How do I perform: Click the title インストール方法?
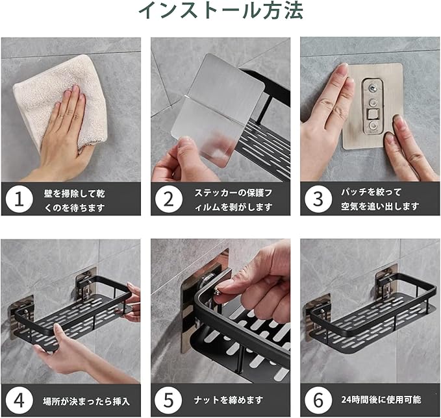pyautogui.click(x=221, y=10)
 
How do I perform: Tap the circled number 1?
pyautogui.click(x=19, y=199)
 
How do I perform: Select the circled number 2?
pyautogui.click(x=169, y=199)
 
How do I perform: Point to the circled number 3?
pyautogui.click(x=318, y=199)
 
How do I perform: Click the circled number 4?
pyautogui.click(x=19, y=400)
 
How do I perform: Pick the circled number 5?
pyautogui.click(x=169, y=400)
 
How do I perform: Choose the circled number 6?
pyautogui.click(x=318, y=400)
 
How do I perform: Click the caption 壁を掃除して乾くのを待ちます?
pyautogui.click(x=74, y=201)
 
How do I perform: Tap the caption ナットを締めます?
pyautogui.click(x=229, y=400)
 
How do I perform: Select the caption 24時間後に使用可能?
pyautogui.click(x=381, y=399)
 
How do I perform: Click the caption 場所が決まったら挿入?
pyautogui.click(x=86, y=401)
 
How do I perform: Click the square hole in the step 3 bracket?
pyautogui.click(x=373, y=114)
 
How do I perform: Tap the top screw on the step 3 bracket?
pyautogui.click(x=373, y=89)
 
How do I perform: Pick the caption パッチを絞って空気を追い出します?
pyautogui.click(x=380, y=199)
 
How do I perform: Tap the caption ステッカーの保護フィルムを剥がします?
pyautogui.click(x=233, y=200)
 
